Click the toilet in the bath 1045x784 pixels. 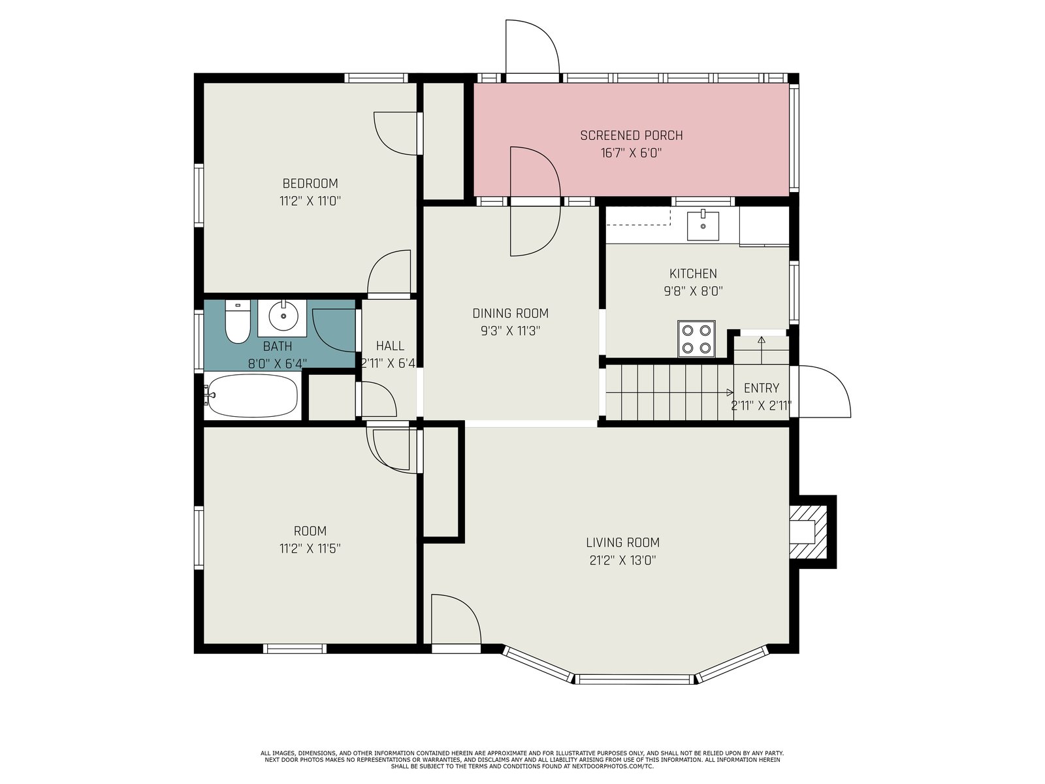(238, 321)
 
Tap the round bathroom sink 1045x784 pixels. (283, 315)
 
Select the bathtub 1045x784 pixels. (253, 395)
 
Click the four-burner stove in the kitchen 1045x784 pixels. (696, 338)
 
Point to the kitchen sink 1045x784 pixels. (703, 226)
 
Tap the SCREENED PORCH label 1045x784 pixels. (632, 136)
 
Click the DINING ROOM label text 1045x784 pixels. (510, 313)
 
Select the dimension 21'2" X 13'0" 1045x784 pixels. (622, 561)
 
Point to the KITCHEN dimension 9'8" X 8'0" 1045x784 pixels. (693, 291)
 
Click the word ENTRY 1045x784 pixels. (762, 388)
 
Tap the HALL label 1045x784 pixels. (390, 346)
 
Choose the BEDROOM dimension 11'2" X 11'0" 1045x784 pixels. (310, 201)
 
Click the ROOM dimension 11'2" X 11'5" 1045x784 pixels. (310, 548)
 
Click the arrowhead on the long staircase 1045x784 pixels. (730, 392)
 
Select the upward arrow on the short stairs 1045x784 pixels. (762, 350)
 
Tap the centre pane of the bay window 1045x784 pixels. (635, 679)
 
